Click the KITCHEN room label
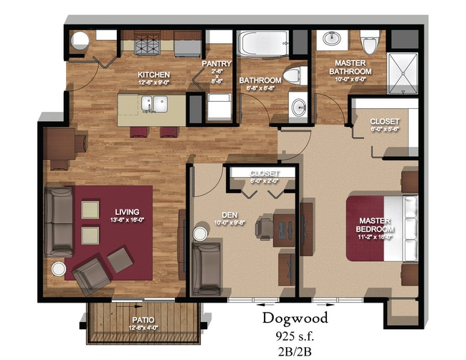click(x=154, y=75)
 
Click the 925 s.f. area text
click(x=294, y=335)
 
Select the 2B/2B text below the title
click(x=294, y=351)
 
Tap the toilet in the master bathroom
click(x=370, y=44)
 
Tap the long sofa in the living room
click(x=58, y=222)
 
